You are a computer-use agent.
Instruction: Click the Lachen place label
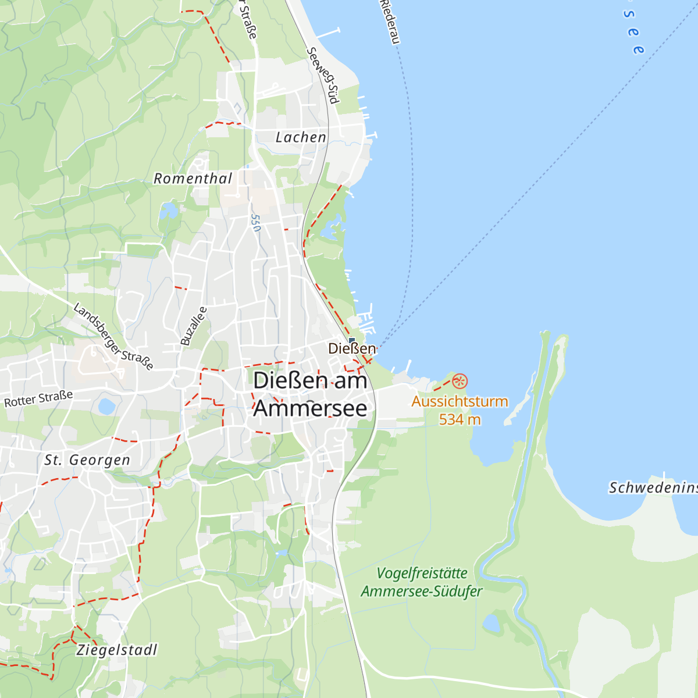tap(301, 137)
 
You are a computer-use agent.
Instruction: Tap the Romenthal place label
tap(193, 179)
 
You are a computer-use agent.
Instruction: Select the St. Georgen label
tap(87, 460)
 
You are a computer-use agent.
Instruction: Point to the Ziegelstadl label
tap(117, 650)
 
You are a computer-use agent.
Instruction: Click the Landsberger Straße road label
tap(113, 336)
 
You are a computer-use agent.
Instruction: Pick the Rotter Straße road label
tap(38, 399)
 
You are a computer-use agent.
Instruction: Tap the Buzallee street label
tap(193, 326)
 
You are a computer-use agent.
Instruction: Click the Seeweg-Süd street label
tap(322, 75)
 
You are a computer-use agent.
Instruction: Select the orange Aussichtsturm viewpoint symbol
tap(460, 382)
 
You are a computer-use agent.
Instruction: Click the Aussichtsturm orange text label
tap(460, 401)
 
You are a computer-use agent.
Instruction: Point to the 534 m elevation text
tap(460, 419)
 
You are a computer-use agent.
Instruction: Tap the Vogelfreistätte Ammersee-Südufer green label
tap(422, 582)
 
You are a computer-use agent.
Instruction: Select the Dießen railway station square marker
tap(351, 341)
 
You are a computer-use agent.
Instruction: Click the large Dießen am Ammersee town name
tap(311, 394)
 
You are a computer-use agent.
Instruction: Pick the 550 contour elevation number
tap(255, 223)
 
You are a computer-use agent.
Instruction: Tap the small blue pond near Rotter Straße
tap(106, 406)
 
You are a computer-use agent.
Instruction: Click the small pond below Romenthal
tap(168, 210)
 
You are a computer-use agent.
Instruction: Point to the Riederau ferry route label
tap(390, 22)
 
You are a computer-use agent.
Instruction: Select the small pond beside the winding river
tap(492, 624)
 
